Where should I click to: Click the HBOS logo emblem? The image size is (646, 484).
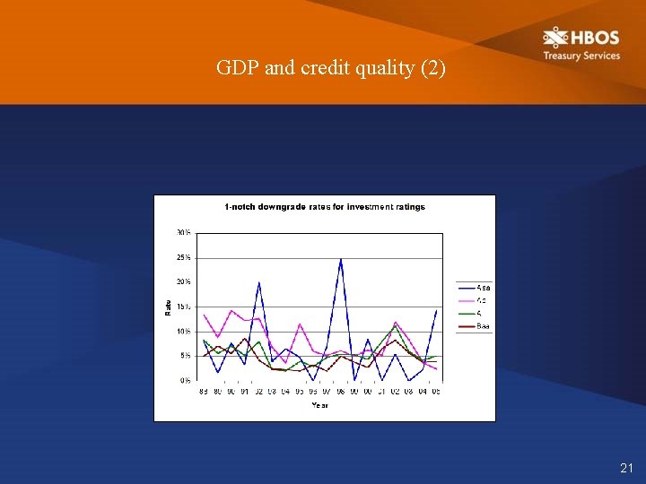pyautogui.click(x=555, y=38)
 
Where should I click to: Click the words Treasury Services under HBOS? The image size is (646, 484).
pyautogui.click(x=581, y=56)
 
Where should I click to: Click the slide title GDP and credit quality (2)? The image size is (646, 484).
pyautogui.click(x=330, y=68)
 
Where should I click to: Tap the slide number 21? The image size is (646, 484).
pyautogui.click(x=626, y=468)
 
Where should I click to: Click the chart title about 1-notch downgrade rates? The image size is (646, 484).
pyautogui.click(x=325, y=207)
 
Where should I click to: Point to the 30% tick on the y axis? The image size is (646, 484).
pyautogui.click(x=183, y=233)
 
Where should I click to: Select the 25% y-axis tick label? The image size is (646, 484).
pyautogui.click(x=183, y=258)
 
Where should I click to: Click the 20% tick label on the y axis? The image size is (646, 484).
pyautogui.click(x=183, y=282)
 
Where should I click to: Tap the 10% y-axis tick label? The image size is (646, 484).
pyautogui.click(x=183, y=332)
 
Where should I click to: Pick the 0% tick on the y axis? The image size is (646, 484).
pyautogui.click(x=185, y=381)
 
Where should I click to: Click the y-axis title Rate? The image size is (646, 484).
pyautogui.click(x=168, y=307)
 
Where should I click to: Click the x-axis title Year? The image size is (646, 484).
pyautogui.click(x=319, y=405)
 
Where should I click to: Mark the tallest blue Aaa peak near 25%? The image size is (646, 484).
pyautogui.click(x=341, y=259)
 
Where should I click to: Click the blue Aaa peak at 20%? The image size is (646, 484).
pyautogui.click(x=259, y=283)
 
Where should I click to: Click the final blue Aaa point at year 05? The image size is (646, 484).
pyautogui.click(x=436, y=311)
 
